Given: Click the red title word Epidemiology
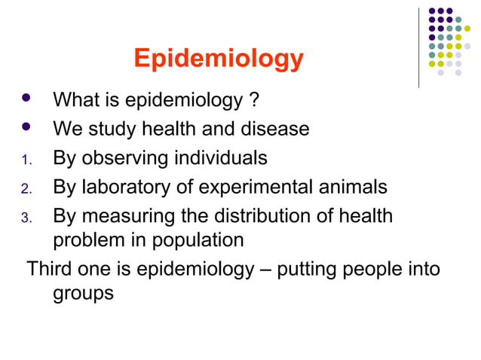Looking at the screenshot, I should pos(219,59).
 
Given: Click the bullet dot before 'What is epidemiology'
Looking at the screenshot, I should pos(26,99).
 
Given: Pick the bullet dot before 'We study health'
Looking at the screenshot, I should pos(26,127).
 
